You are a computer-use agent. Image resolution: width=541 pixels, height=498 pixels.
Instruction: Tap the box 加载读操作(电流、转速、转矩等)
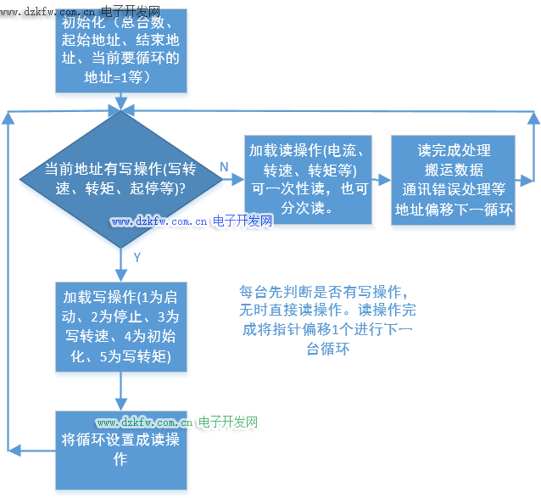coord(309,179)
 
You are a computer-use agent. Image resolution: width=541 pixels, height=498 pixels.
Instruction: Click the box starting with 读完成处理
coord(454,179)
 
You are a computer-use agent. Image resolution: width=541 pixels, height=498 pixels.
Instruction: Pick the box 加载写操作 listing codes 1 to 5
coord(121,327)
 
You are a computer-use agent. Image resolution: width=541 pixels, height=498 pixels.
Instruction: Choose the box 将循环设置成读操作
coord(121,450)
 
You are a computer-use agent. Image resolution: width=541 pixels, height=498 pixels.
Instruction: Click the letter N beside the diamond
coord(224,167)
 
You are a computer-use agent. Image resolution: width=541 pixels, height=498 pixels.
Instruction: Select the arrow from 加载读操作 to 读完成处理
coord(382,179)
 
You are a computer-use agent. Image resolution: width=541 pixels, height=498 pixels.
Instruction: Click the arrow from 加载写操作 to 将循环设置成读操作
coord(121,391)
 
